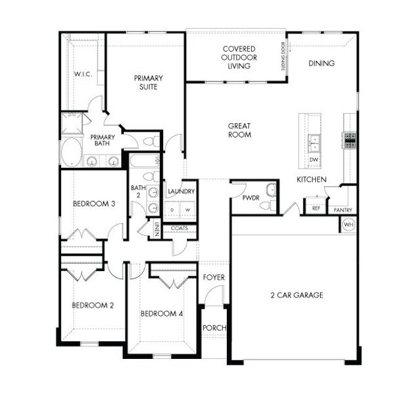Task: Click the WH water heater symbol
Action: pyautogui.click(x=348, y=224)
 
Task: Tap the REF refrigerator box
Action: pyautogui.click(x=317, y=208)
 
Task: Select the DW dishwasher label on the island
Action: pyautogui.click(x=313, y=159)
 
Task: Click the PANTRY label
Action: pyautogui.click(x=343, y=210)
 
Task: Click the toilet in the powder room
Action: pyautogui.click(x=266, y=206)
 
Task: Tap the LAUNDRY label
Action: pyautogui.click(x=180, y=191)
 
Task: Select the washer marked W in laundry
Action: pyautogui.click(x=188, y=210)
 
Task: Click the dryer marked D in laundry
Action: pyautogui.click(x=172, y=210)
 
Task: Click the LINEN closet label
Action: pyautogui.click(x=157, y=229)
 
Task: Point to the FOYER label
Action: pyautogui.click(x=214, y=278)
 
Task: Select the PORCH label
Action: pyautogui.click(x=213, y=327)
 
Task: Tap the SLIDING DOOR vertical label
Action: pyautogui.click(x=283, y=56)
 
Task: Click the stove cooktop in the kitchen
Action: pyautogui.click(x=349, y=138)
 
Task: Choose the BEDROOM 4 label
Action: pyautogui.click(x=161, y=314)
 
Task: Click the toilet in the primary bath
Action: pyautogui.click(x=150, y=141)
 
